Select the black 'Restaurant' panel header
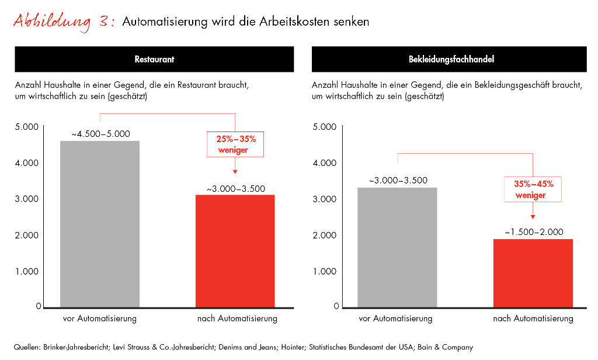click(154, 60)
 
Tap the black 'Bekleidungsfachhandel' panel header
click(448, 60)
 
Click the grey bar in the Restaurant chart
click(100, 224)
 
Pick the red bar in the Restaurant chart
click(235, 251)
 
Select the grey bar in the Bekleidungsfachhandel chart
click(397, 247)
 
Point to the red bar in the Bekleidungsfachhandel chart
click(533, 273)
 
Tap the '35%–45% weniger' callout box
click(533, 189)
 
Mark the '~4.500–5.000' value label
click(100, 134)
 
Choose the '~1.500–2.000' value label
click(534, 232)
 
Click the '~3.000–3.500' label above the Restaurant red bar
click(235, 188)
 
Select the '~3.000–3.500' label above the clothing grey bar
click(398, 181)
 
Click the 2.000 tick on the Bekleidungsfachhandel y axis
click(325, 236)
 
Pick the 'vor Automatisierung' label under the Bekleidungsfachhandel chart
click(396, 319)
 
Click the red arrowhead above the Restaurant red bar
click(235, 172)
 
